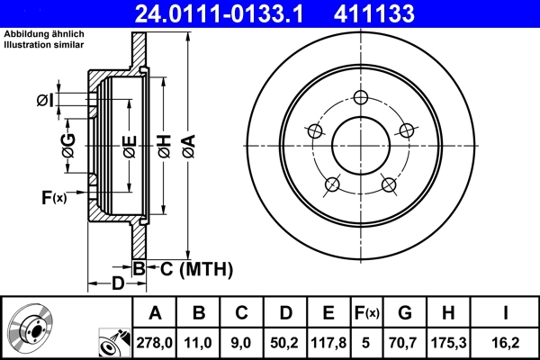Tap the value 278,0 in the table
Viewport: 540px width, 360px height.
(x=155, y=343)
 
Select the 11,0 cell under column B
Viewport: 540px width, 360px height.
(x=199, y=343)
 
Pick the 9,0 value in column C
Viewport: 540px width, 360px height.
(x=241, y=343)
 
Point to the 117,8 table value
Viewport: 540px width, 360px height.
(x=328, y=343)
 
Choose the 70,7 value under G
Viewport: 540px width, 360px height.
(x=405, y=343)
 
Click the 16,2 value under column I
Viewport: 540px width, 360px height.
(x=506, y=343)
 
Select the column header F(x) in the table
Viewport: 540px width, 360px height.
(x=366, y=313)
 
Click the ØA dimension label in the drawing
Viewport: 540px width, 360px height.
(x=187, y=144)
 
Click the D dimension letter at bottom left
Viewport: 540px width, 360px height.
(x=117, y=285)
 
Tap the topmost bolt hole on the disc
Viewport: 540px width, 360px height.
(x=362, y=98)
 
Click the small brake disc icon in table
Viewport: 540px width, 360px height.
(x=31, y=328)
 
